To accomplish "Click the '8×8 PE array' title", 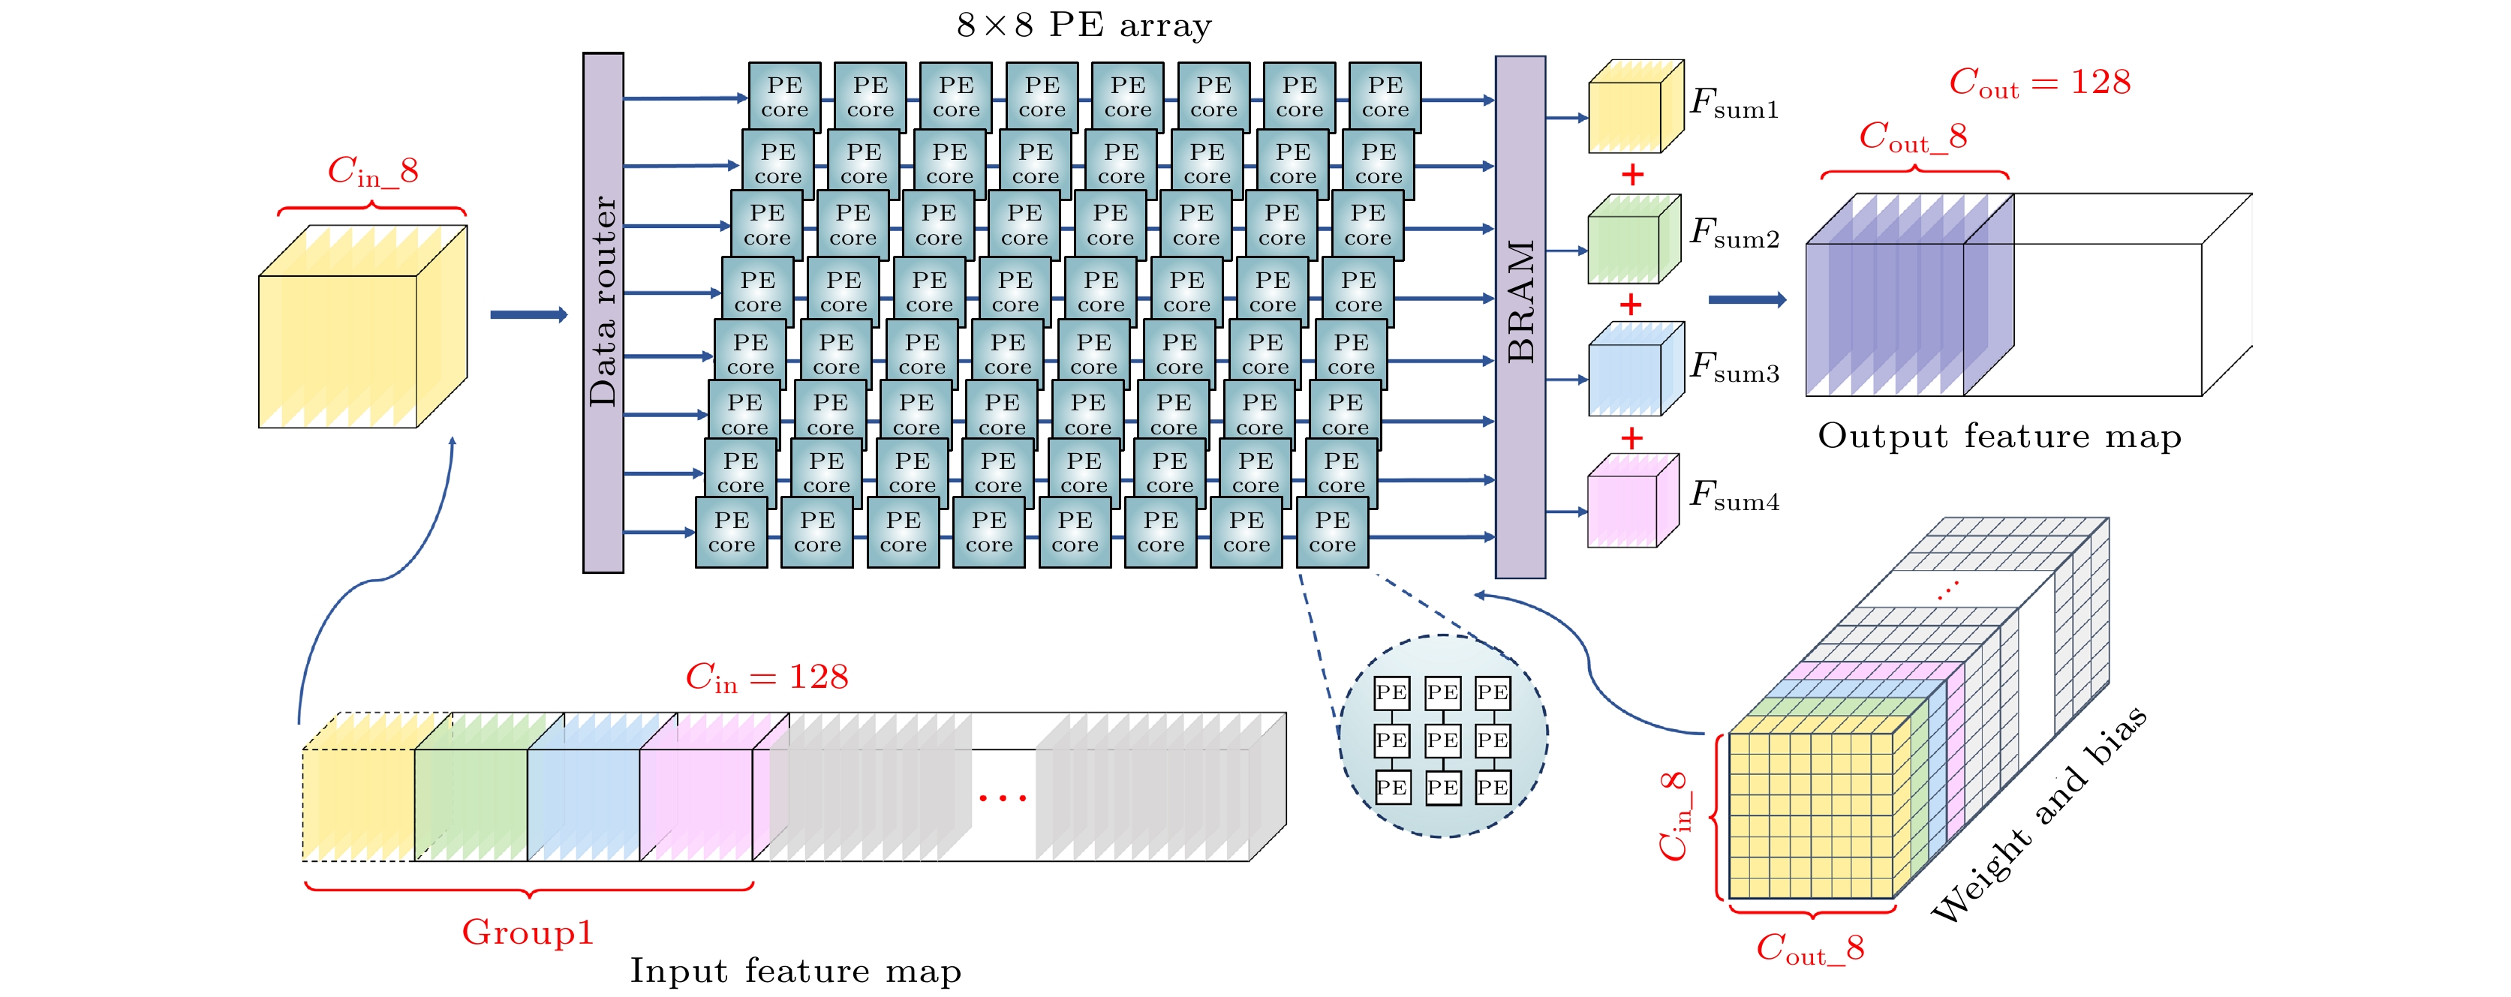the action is [x=1084, y=24].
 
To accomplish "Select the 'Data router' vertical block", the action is [x=603, y=313].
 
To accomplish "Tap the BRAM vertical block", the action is [x=1520, y=317].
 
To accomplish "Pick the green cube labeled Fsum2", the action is [x=1634, y=239].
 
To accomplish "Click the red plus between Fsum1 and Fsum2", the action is [x=1631, y=175].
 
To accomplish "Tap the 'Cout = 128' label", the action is [x=2039, y=82].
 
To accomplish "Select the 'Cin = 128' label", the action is [x=767, y=677].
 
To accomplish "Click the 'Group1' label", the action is [x=528, y=932].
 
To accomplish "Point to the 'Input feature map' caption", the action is [x=795, y=971].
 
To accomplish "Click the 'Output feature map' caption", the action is [x=1999, y=436].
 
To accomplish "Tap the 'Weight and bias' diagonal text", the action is [x=2039, y=814].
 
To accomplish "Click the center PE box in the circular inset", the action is [x=1442, y=740].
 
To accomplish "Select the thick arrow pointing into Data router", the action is [x=528, y=314].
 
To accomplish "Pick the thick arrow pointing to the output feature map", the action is [x=1748, y=299].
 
